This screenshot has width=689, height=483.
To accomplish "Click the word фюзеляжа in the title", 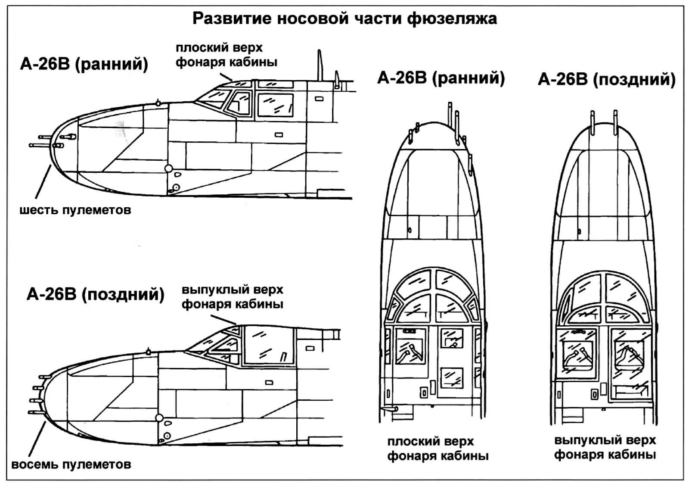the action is tap(452, 19).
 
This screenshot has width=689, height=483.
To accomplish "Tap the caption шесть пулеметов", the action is tap(75, 211).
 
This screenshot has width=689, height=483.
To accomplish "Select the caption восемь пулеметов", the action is tap(71, 464).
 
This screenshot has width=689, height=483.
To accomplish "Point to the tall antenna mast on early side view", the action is tap(320, 65).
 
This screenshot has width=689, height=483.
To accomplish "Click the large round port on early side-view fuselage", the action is tap(168, 168).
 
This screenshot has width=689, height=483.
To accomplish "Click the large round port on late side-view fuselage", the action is tap(159, 418).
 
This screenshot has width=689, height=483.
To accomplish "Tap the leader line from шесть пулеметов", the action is tap(43, 182).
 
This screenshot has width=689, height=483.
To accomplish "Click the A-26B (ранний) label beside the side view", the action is tap(84, 64).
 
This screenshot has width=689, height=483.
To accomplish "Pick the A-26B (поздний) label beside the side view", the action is tap(95, 294).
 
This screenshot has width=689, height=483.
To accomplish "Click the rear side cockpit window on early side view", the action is tap(275, 105).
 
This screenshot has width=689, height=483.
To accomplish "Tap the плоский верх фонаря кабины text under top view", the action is tap(438, 449).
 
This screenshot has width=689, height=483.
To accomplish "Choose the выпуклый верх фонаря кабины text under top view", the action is tap(605, 447).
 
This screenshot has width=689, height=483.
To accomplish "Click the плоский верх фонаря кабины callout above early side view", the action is tap(227, 55).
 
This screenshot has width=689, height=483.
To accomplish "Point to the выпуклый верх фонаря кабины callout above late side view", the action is tap(232, 297).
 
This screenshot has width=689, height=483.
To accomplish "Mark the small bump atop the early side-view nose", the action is tap(158, 103).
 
